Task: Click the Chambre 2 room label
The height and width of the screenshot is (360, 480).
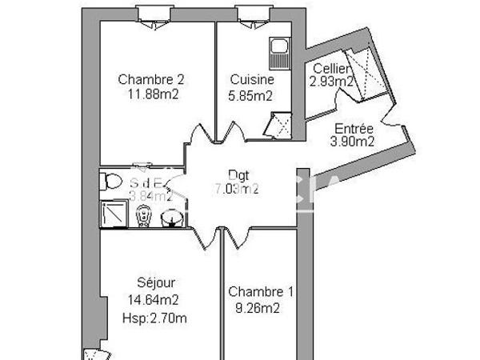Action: click(151, 79)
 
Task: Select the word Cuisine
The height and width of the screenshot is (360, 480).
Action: click(252, 80)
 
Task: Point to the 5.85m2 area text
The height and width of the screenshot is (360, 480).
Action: click(252, 94)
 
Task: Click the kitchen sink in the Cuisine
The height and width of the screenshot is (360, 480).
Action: click(279, 52)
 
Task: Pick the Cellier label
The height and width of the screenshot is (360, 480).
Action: click(330, 68)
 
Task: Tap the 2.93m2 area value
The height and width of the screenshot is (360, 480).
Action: click(331, 81)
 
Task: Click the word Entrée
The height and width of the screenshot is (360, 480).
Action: click(353, 129)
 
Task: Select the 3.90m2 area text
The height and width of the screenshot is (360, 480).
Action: click(353, 142)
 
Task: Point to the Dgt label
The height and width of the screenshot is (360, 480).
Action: click(238, 175)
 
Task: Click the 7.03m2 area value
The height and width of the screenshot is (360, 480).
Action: click(238, 190)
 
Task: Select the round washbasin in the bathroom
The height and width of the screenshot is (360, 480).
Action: click(170, 218)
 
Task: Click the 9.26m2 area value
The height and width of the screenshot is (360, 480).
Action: click(254, 306)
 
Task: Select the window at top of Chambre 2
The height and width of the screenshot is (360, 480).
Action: click(151, 13)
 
